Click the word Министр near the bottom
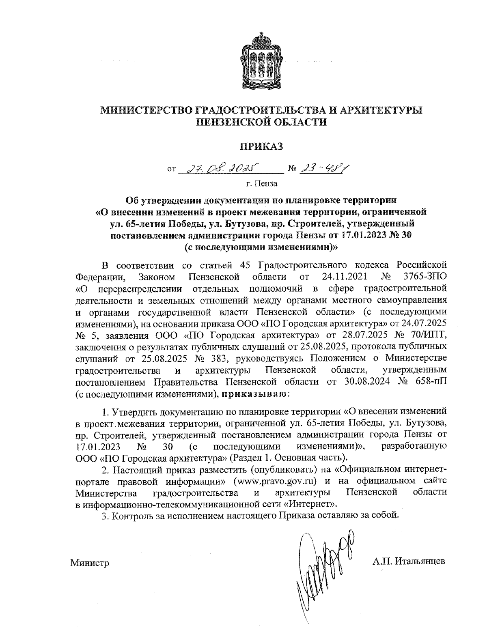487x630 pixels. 90,562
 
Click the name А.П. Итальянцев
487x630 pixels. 409,561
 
